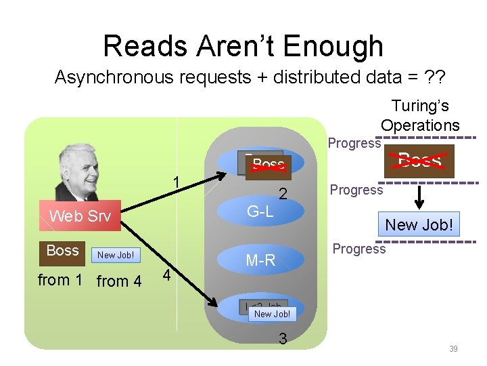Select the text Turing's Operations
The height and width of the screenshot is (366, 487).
(420, 115)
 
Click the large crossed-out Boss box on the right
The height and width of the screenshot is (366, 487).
(420, 160)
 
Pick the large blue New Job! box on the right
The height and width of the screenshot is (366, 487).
(419, 224)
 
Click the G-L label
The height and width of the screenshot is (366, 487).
(260, 211)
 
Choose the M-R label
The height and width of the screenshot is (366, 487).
(260, 260)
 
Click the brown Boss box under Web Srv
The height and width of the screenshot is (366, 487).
(63, 251)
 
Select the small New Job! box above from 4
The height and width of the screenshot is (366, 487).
(116, 255)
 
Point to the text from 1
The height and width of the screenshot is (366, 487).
(60, 280)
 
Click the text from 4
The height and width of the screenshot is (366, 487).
(119, 281)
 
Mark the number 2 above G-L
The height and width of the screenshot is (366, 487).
(284, 195)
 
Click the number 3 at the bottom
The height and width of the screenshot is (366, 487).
(283, 338)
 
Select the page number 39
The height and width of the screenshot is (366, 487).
(453, 348)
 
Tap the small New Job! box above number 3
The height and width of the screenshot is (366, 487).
(272, 314)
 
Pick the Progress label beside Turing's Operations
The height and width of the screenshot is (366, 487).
(354, 143)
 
